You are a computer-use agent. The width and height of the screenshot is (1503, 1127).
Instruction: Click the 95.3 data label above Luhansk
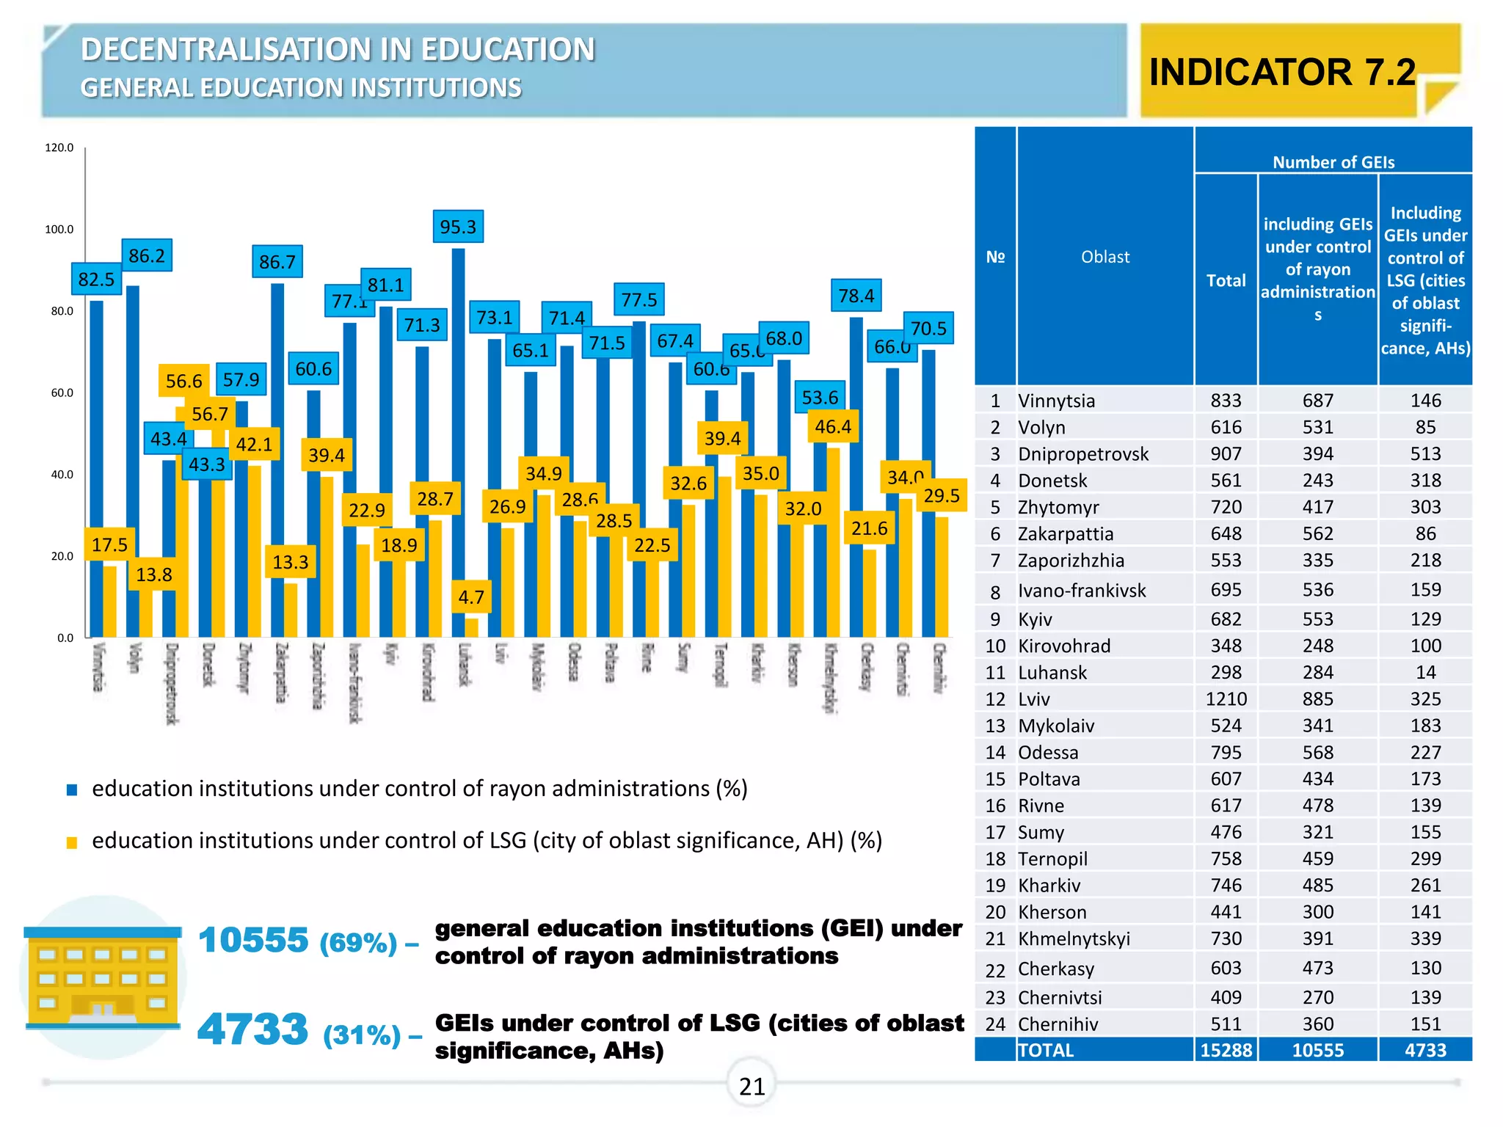[458, 227]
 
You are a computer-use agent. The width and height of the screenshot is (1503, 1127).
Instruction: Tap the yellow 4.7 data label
[471, 597]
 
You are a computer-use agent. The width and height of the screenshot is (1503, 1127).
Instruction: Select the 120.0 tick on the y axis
[59, 147]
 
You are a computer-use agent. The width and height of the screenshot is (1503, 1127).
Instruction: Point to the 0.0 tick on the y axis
[65, 638]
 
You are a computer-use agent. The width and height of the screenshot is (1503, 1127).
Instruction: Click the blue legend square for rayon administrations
[72, 790]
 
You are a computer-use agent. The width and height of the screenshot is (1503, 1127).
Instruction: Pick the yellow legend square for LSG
[72, 842]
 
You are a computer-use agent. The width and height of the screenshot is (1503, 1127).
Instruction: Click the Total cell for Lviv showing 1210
[1226, 699]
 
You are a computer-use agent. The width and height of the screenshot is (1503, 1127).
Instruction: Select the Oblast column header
[1105, 257]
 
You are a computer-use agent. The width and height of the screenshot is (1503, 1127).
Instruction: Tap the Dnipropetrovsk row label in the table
[1083, 454]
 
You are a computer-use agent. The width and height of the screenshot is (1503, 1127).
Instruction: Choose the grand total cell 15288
[1226, 1050]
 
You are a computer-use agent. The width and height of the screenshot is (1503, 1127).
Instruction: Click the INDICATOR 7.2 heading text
[1282, 72]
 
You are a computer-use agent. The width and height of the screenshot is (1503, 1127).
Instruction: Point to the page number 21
[751, 1086]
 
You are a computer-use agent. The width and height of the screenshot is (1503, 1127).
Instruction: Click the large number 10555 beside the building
[253, 940]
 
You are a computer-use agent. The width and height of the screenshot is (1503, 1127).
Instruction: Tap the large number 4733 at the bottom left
[252, 1029]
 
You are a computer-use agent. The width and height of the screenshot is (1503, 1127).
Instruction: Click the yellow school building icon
[102, 977]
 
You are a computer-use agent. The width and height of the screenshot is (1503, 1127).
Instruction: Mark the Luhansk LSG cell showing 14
[1425, 673]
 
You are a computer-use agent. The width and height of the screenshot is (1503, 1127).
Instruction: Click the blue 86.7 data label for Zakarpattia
[277, 262]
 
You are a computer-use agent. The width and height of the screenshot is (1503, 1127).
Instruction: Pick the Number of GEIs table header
[1333, 162]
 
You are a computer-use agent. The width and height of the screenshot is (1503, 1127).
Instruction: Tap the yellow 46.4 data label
[833, 427]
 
